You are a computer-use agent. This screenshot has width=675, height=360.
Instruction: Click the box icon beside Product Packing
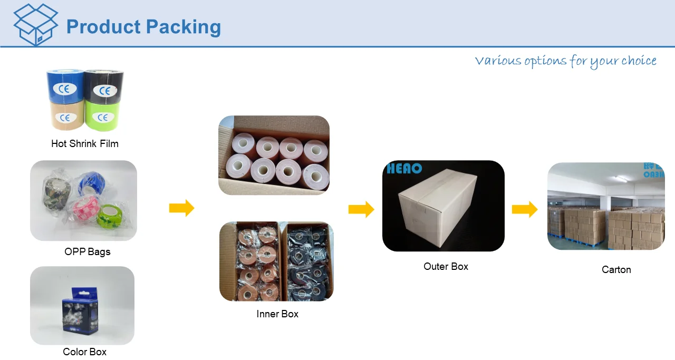pos(35,24)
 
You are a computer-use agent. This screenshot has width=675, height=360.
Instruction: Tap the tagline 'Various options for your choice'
pos(565,61)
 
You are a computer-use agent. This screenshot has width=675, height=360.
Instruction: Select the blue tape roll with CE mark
pos(64,86)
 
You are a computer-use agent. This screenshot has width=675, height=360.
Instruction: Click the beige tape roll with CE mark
pos(64,115)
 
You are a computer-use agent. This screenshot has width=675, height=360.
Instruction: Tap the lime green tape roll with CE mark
pos(103,115)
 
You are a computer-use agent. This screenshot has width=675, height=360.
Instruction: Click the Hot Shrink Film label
pos(84,143)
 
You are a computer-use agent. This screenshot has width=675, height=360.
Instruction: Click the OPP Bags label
pos(87,251)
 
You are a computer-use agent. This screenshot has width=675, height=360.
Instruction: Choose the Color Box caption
pos(84,352)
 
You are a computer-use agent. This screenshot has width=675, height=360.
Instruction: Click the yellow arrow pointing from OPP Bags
pos(181,208)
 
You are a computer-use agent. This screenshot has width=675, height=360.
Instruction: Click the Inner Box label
pos(277,314)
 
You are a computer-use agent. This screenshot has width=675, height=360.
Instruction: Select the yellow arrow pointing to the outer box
pos(361,210)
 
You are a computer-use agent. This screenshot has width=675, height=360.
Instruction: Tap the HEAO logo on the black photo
pos(404,169)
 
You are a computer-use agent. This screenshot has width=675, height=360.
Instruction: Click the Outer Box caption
pos(446,266)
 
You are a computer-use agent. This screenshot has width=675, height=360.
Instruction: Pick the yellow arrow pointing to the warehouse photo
pos(524,210)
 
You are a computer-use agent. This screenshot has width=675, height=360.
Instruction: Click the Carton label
pos(616,269)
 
